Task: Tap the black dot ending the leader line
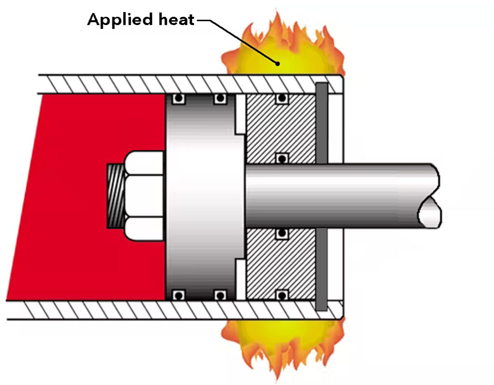(x=277, y=63)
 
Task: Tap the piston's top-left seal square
(x=178, y=99)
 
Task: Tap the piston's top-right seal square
(x=220, y=99)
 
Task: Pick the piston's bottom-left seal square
(x=178, y=294)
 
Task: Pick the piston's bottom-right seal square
(x=220, y=294)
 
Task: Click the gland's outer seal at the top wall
(x=282, y=99)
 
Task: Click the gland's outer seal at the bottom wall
(x=282, y=294)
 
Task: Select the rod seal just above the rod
(x=282, y=158)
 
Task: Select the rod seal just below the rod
(x=282, y=234)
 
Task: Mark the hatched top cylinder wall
(x=145, y=84)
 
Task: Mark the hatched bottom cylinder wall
(x=145, y=310)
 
